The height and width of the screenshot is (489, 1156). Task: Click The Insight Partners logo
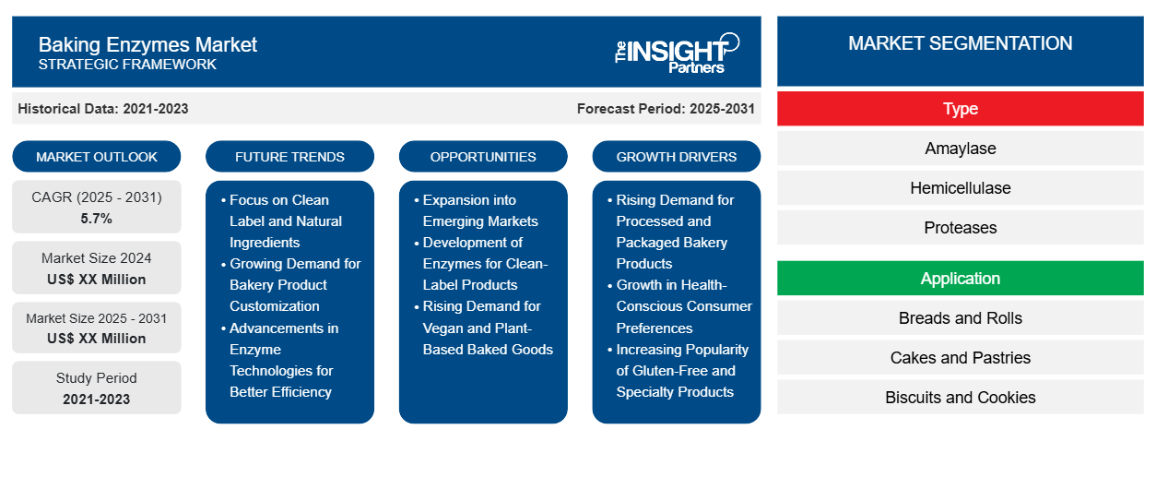[x=677, y=53]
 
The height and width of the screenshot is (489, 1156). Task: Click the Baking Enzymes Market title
[x=147, y=45]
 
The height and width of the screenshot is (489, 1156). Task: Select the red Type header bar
[x=960, y=109]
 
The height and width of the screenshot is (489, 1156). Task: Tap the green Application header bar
[x=960, y=279]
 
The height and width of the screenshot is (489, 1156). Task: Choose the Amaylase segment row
[x=960, y=149]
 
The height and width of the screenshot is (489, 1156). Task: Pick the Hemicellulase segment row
[x=960, y=188]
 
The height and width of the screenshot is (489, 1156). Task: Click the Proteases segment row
[x=960, y=228]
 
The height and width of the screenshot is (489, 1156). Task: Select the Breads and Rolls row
[x=960, y=318]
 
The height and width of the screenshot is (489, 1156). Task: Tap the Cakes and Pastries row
[x=960, y=358]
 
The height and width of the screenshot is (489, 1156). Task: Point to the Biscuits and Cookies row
[x=960, y=398]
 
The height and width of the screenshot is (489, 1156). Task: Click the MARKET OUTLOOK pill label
[x=97, y=157]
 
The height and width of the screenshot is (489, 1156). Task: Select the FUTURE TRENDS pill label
[x=289, y=157]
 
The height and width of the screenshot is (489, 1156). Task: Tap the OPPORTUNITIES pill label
[x=483, y=157]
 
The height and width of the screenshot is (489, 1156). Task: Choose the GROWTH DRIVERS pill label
[x=676, y=157]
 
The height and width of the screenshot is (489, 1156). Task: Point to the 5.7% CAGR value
[x=96, y=219]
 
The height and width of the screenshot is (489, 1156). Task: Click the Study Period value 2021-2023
[x=97, y=400]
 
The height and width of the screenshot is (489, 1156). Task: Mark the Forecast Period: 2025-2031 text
[x=666, y=109]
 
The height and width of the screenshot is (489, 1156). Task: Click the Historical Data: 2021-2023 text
[x=103, y=109]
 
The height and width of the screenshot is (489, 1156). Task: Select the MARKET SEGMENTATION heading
[x=960, y=43]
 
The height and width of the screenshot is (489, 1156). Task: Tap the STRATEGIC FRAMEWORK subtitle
[x=127, y=65]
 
